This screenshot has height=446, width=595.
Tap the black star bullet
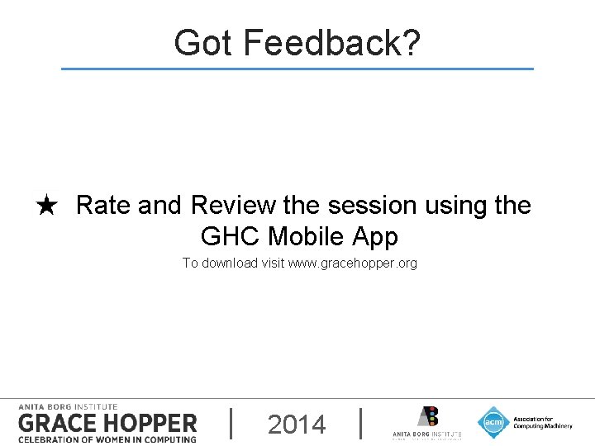[x=47, y=206]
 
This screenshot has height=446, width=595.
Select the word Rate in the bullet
[x=103, y=205]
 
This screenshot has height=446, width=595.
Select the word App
[x=375, y=237]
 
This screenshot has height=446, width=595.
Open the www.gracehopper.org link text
[x=353, y=263]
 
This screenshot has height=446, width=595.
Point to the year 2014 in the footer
[x=297, y=425]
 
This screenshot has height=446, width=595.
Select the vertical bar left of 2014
[x=231, y=423]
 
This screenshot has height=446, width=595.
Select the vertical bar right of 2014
[x=361, y=423]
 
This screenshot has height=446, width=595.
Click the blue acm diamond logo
[x=493, y=422]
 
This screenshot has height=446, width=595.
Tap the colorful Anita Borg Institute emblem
[x=427, y=416]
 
